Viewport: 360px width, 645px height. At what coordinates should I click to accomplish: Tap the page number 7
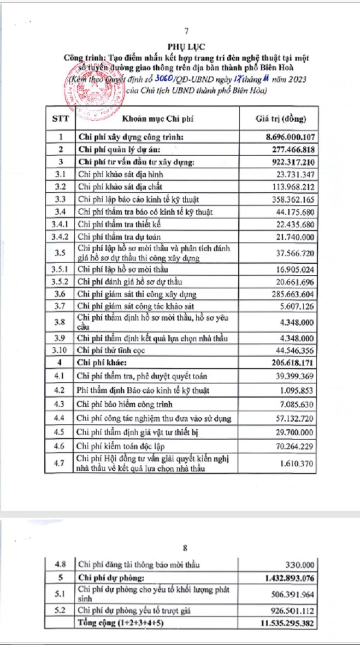(x=186, y=31)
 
